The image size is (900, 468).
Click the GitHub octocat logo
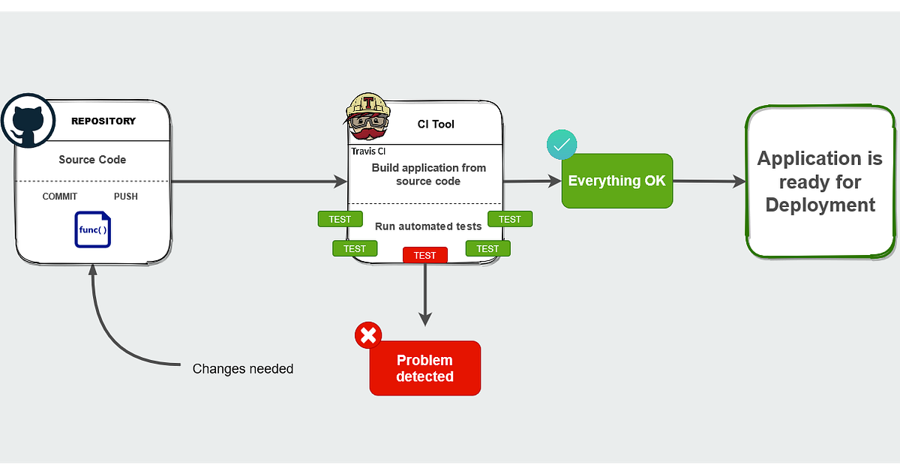pyautogui.click(x=27, y=121)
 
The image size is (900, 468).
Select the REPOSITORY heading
pyautogui.click(x=103, y=121)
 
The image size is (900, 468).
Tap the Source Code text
pyautogui.click(x=92, y=160)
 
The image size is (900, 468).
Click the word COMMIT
pyautogui.click(x=60, y=196)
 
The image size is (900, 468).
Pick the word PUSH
pyautogui.click(x=125, y=196)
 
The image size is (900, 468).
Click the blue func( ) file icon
pyautogui.click(x=93, y=229)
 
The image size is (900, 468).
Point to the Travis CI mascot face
pyautogui.click(x=368, y=120)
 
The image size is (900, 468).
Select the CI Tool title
pyautogui.click(x=436, y=124)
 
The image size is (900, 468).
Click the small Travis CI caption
pyautogui.click(x=368, y=151)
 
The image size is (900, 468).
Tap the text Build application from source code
pyautogui.click(x=428, y=174)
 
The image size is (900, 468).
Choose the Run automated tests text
pyautogui.click(x=428, y=226)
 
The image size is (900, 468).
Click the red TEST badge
pyautogui.click(x=424, y=256)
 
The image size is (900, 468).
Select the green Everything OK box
pyautogui.click(x=616, y=181)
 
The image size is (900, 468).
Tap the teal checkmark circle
pyautogui.click(x=562, y=145)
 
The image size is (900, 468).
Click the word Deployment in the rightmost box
pyautogui.click(x=820, y=205)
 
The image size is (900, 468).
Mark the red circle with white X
pyautogui.click(x=368, y=335)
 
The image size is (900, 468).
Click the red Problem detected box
pyautogui.click(x=424, y=368)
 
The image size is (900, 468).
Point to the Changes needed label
pyautogui.click(x=242, y=369)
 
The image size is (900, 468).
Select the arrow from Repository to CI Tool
pyautogui.click(x=255, y=181)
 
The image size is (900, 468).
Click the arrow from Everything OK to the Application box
pyautogui.click(x=709, y=181)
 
